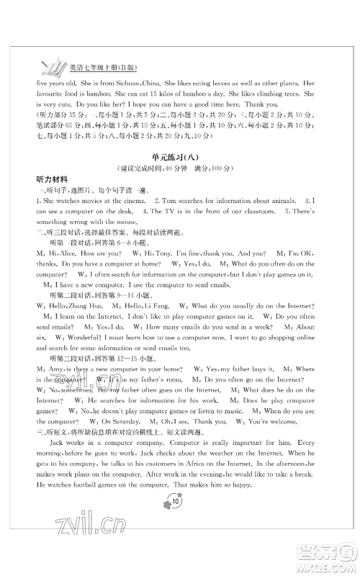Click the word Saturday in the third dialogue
pyautogui.click(x=131, y=422)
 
